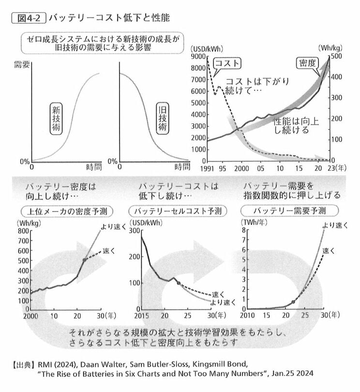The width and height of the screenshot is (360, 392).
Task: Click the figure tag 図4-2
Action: click(28, 18)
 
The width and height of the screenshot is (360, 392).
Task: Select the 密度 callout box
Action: click(306, 63)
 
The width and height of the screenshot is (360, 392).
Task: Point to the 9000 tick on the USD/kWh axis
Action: click(198, 57)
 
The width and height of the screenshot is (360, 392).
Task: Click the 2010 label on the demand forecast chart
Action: click(248, 316)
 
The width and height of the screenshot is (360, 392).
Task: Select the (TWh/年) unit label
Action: click(253, 222)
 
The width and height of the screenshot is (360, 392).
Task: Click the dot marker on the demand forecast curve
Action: click(293, 302)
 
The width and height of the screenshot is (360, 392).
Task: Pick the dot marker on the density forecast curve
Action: click(85, 260)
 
